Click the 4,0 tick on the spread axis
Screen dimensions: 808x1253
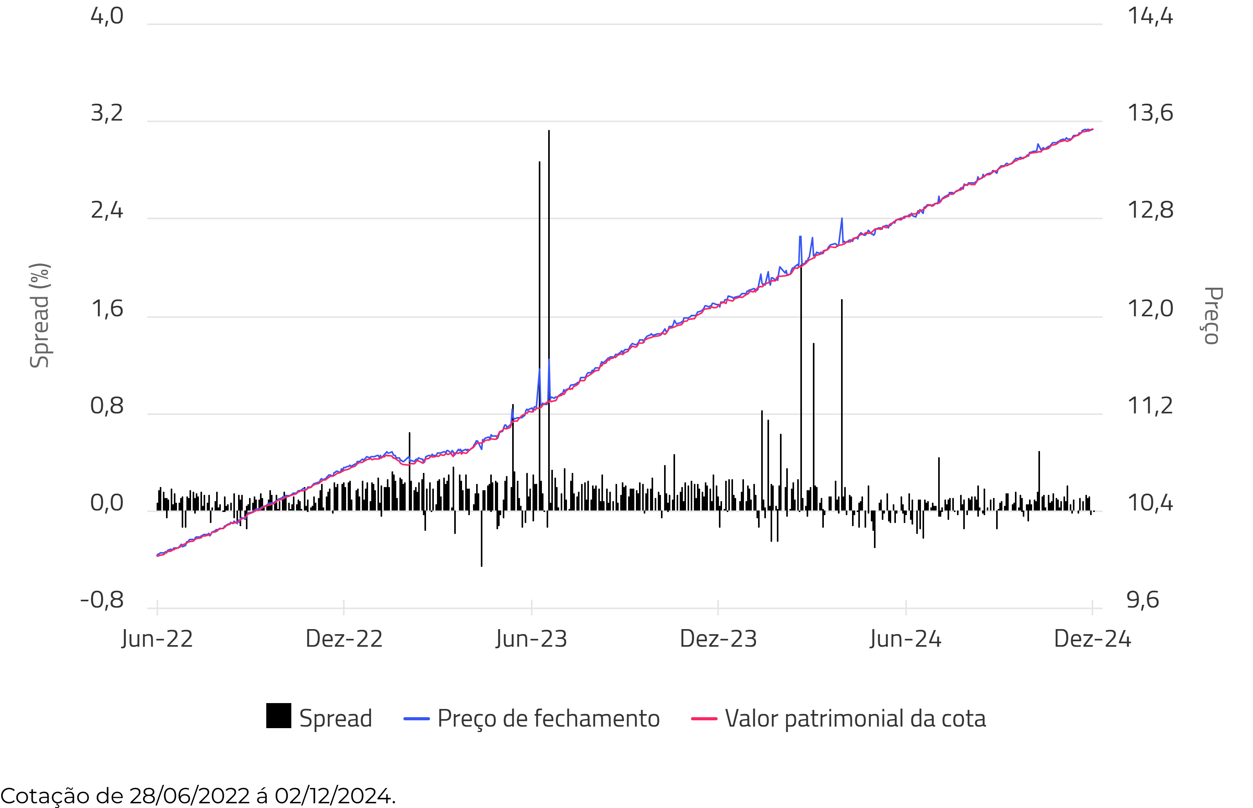[x=107, y=16]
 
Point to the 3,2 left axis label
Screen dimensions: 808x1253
[x=107, y=113]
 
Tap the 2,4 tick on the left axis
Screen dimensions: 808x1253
[x=107, y=210]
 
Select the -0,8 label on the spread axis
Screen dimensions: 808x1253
[x=102, y=600]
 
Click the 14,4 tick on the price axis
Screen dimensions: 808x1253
[x=1150, y=16]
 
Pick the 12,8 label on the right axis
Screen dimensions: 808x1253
[x=1150, y=210]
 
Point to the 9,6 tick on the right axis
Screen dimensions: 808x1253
[x=1143, y=600]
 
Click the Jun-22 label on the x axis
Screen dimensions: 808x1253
[x=157, y=639]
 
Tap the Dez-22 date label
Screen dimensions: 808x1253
[x=344, y=639]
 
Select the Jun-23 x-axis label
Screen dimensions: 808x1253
[x=531, y=639]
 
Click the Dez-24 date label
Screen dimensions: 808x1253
[x=1092, y=639]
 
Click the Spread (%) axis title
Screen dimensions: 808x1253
[x=40, y=315]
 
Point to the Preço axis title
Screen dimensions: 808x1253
[x=1212, y=315]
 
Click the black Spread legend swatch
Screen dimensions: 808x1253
[x=279, y=716]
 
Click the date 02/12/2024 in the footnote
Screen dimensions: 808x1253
[x=334, y=796]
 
